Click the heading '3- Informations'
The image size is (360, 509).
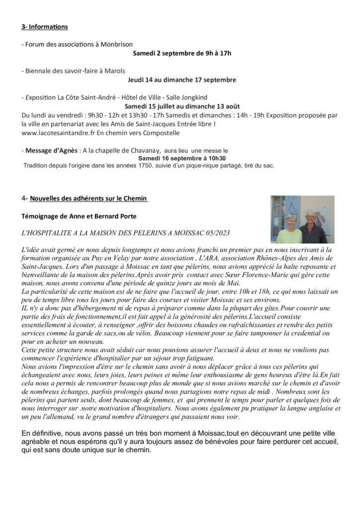45,26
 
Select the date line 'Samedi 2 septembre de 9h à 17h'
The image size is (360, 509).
182,53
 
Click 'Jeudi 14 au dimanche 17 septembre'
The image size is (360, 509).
181,80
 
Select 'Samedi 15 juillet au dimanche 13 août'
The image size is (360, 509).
181,106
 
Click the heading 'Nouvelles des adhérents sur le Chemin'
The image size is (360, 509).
89,199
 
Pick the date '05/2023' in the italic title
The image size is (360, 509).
217,233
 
